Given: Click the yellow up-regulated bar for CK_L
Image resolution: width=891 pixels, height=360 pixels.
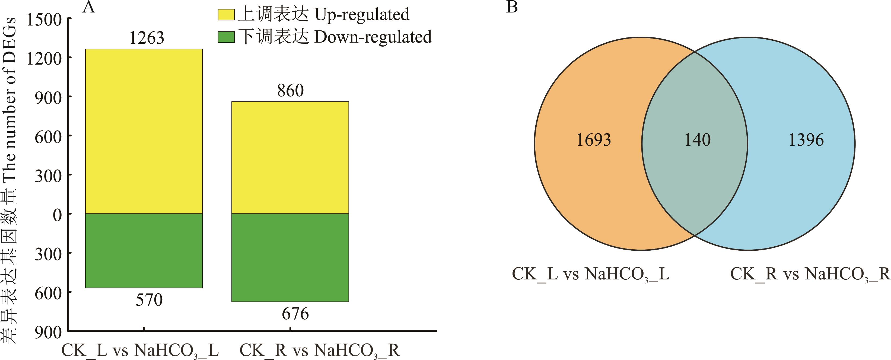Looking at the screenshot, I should point(144,131).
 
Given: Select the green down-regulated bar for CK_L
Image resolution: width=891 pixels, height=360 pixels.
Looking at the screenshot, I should point(144,251).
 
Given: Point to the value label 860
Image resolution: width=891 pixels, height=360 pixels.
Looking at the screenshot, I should point(290,91).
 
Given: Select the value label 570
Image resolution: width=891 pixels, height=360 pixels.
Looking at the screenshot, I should point(149,300).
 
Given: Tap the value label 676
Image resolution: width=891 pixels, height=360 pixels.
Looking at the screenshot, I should point(295,314).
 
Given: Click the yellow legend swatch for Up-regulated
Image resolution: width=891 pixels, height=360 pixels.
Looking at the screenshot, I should point(226,15).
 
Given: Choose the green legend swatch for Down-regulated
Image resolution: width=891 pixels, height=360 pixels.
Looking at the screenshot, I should point(226,37).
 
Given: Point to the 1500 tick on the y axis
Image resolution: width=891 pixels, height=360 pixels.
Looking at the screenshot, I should point(44,20).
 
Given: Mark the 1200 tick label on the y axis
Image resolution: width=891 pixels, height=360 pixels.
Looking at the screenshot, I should point(44,59).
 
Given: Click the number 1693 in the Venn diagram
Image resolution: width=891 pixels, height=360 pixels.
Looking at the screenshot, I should point(594,140).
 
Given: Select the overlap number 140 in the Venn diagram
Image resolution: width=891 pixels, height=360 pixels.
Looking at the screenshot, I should point(698,140).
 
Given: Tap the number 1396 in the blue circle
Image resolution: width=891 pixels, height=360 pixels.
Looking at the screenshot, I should point(806,140).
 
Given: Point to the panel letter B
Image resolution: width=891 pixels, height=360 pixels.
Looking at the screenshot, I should point(512,7).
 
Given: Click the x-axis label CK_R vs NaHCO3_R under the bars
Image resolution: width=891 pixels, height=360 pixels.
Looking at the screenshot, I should point(319,350).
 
